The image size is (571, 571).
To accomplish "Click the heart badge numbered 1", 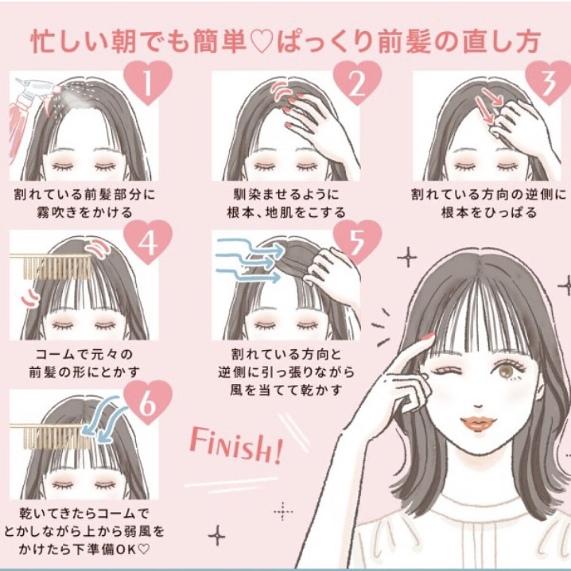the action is (148, 82).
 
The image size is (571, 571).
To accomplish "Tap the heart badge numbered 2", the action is (357, 82).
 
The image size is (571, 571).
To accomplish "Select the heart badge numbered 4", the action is (148, 242).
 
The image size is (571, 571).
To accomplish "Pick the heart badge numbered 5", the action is (357, 242).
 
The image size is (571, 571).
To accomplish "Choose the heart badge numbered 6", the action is (148, 402).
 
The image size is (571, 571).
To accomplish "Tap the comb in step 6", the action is (50, 436).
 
